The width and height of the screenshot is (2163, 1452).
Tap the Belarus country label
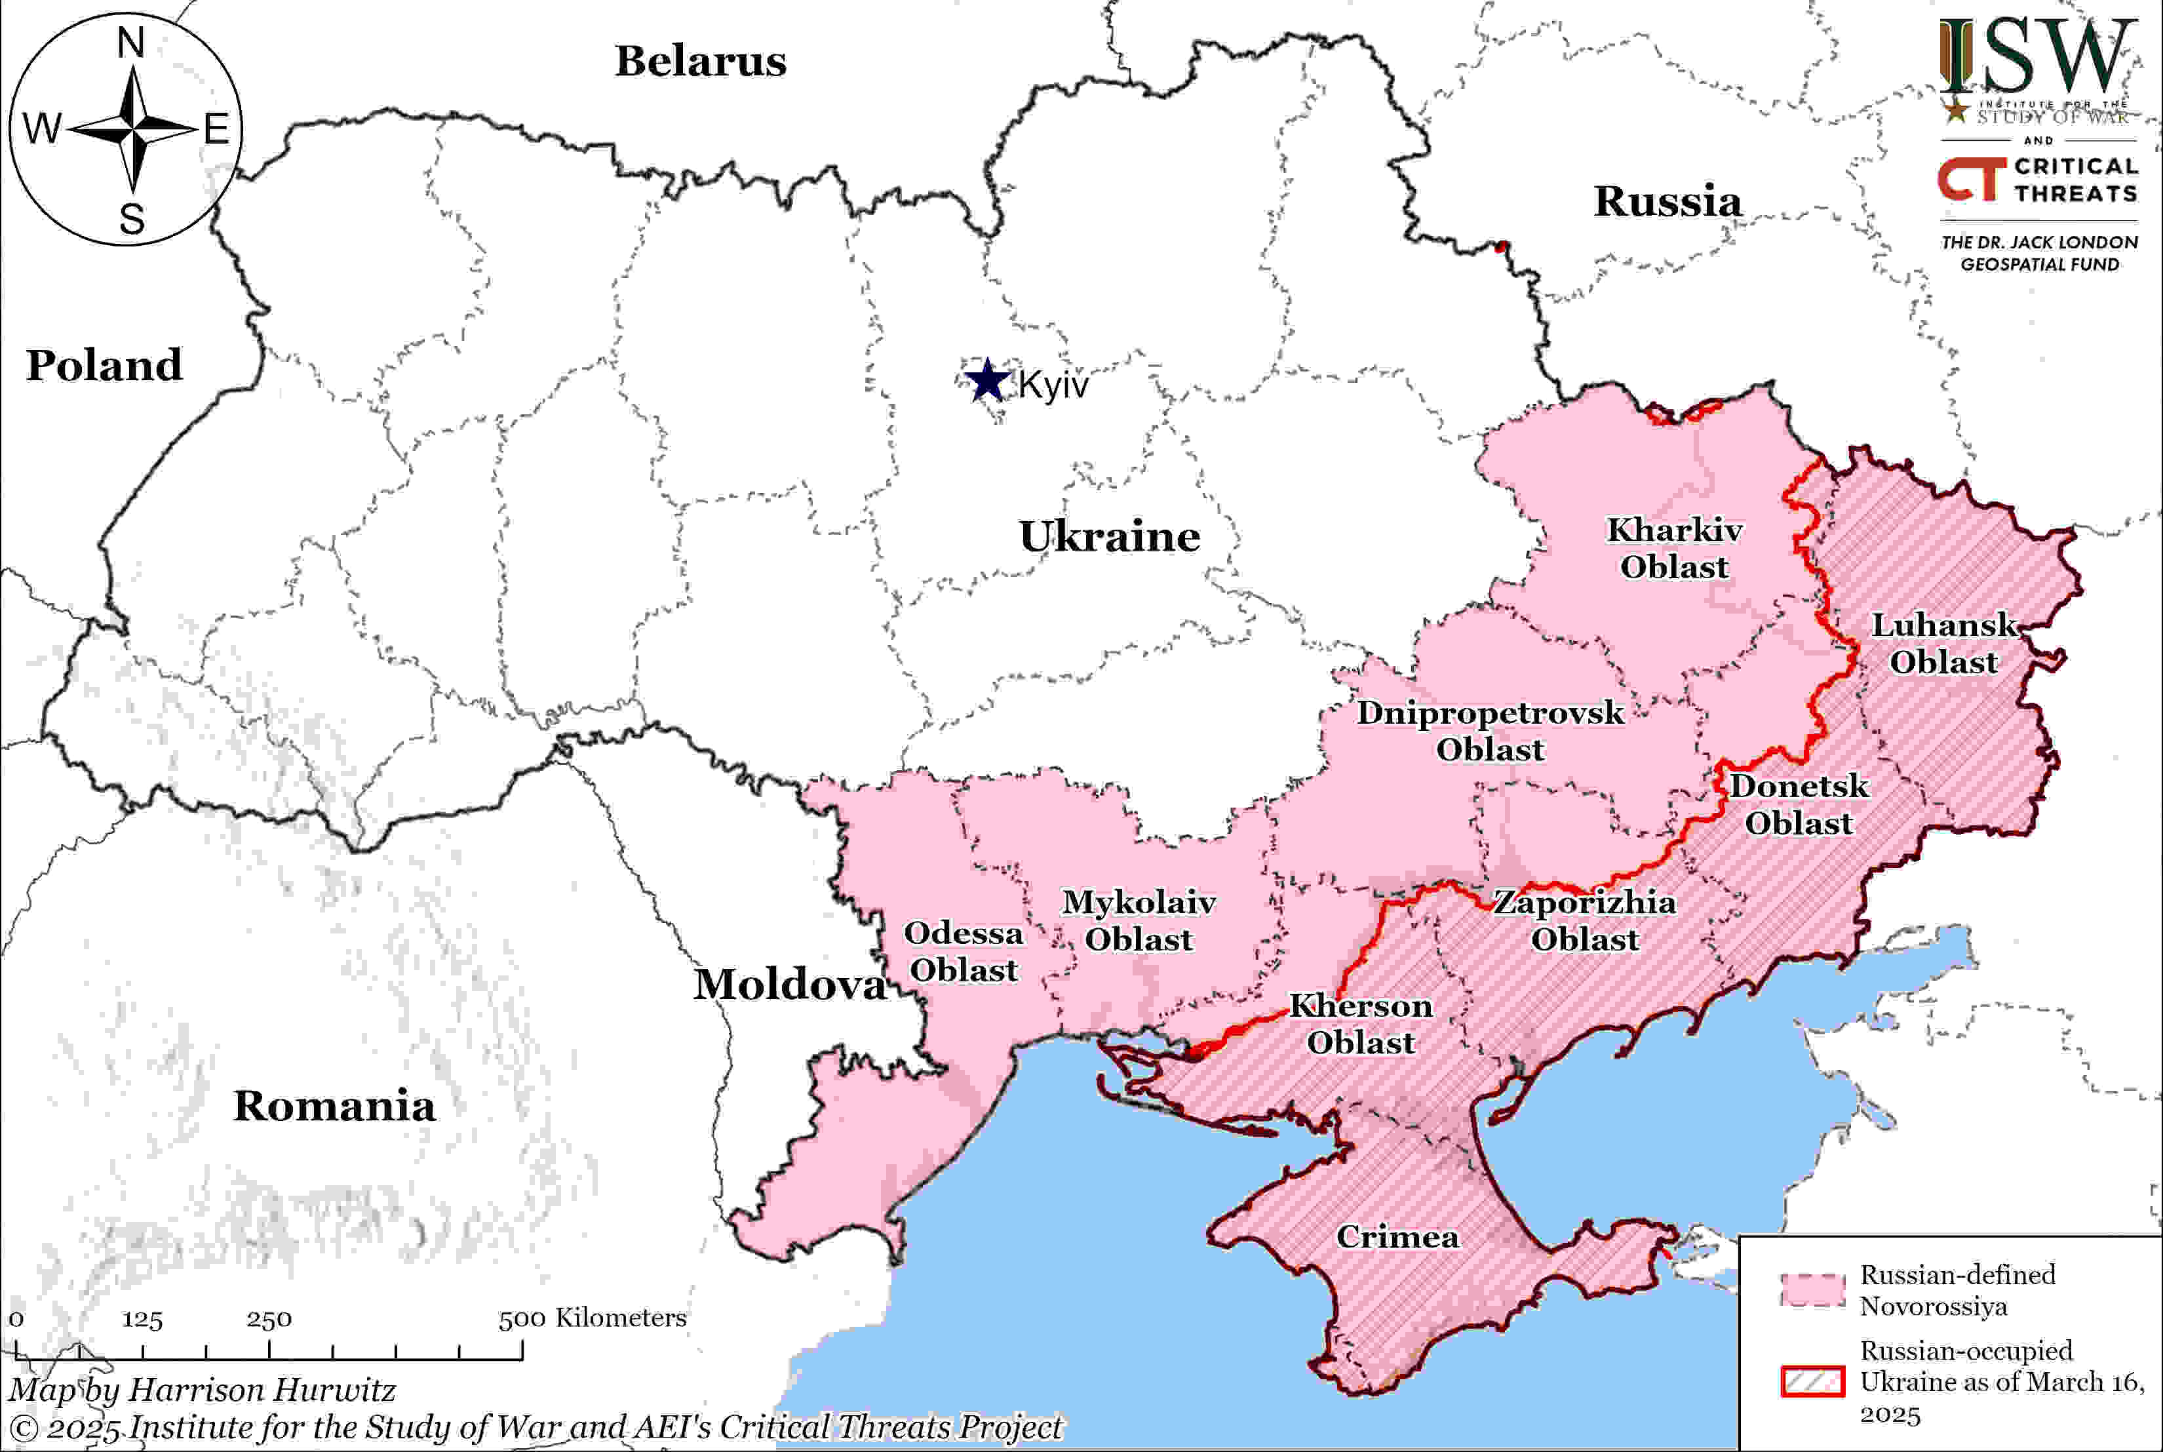click(701, 61)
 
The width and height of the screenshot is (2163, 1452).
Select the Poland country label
click(104, 365)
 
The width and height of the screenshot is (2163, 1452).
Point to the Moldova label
click(790, 985)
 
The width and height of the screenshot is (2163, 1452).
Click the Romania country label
click(334, 1106)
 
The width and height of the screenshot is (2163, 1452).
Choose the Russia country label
click(1667, 202)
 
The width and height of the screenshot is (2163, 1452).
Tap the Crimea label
click(1397, 1237)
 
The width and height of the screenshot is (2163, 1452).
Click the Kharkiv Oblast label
click(1674, 548)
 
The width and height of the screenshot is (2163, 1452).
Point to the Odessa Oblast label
click(963, 951)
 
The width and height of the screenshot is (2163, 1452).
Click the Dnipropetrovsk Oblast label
click(1490, 731)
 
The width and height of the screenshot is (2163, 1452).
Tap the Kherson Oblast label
click(1360, 1024)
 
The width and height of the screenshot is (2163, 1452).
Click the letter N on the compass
click(130, 43)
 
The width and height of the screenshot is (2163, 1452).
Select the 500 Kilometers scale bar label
click(593, 1318)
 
